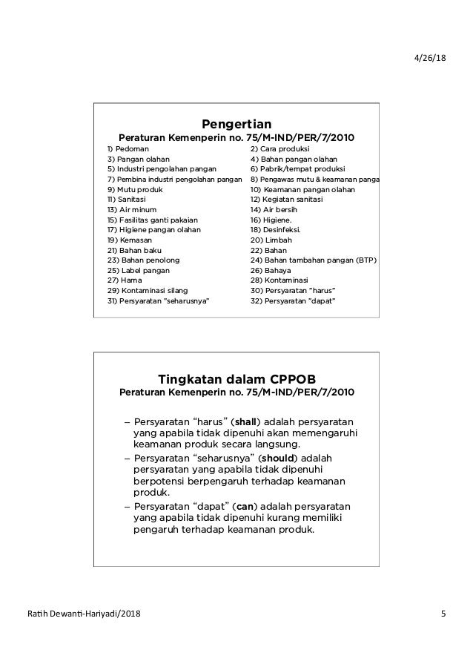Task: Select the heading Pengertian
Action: click(x=236, y=123)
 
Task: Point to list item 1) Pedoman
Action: click(x=128, y=149)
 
